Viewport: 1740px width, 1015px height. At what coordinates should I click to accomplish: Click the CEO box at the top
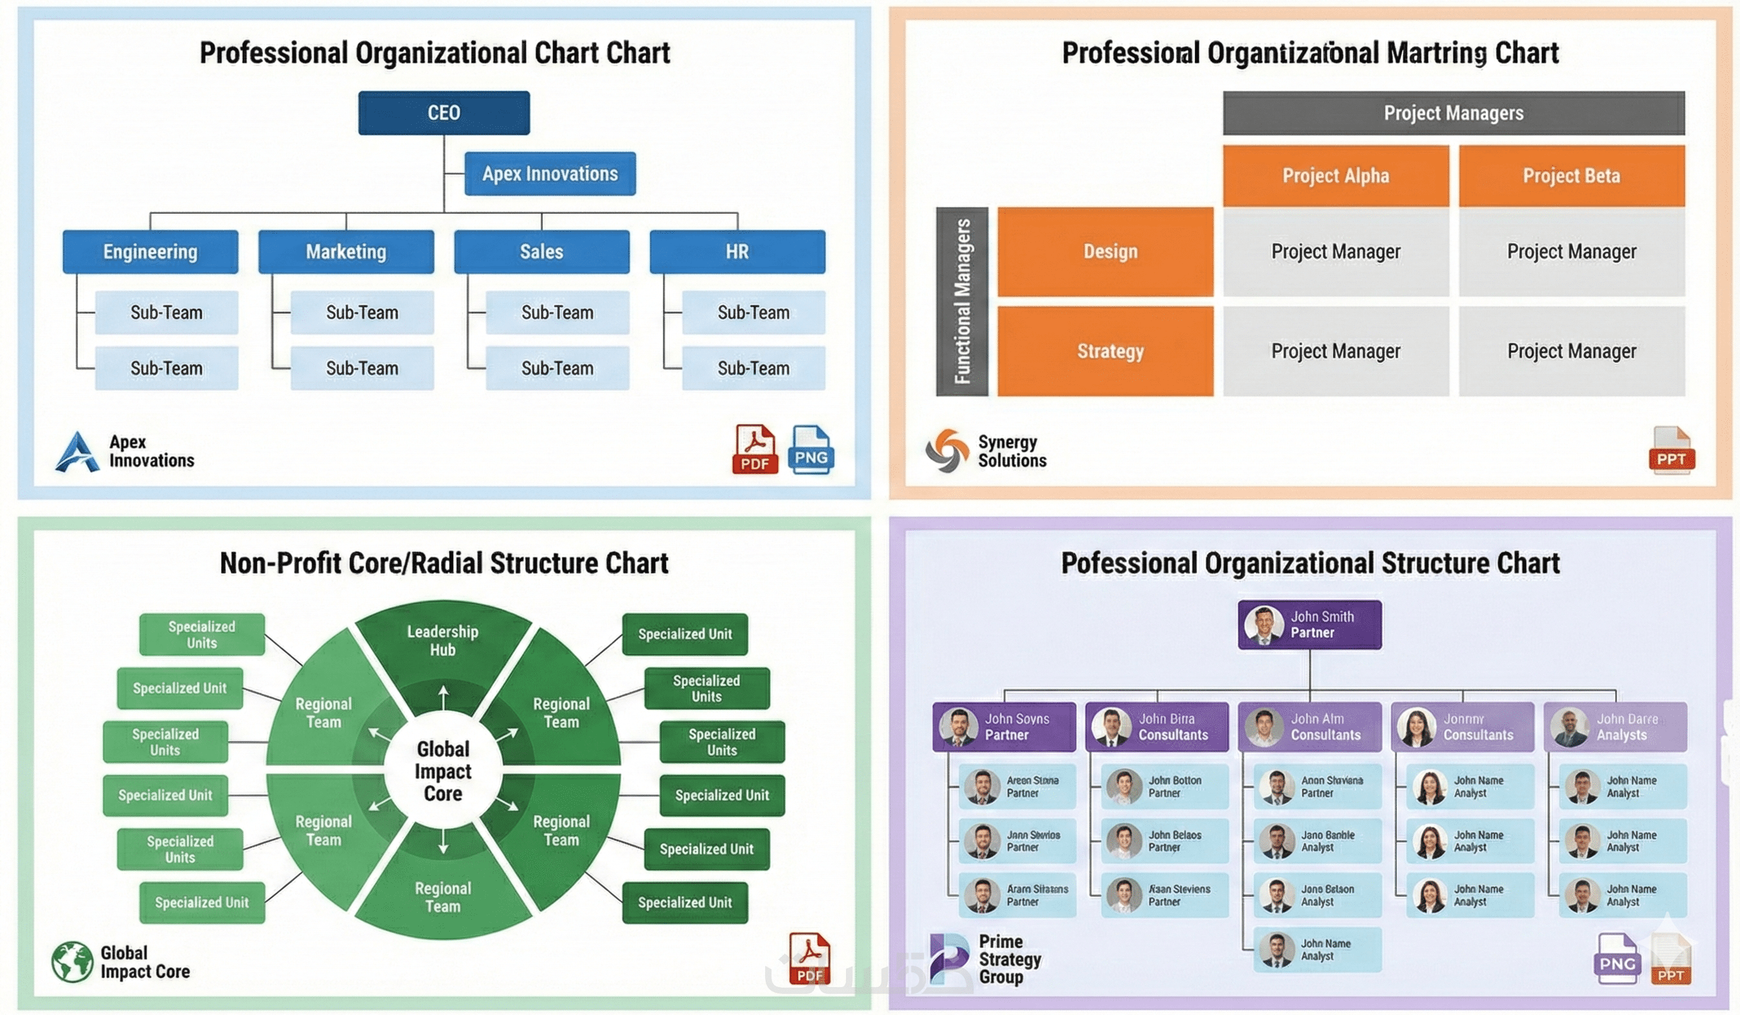[x=443, y=113]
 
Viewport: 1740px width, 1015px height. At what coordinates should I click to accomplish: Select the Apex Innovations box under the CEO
[x=550, y=173]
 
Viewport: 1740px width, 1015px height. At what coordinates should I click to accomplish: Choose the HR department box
[x=737, y=251]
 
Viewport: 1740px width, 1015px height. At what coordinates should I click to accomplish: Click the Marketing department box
[x=346, y=251]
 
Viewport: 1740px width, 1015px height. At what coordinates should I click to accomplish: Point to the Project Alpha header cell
[x=1335, y=175]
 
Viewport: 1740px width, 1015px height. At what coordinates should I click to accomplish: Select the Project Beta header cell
[x=1571, y=175]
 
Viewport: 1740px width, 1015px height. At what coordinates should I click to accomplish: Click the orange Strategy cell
[x=1105, y=351]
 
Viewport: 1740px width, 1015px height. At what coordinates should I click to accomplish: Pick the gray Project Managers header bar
[x=1453, y=113]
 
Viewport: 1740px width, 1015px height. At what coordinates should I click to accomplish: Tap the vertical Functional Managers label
[x=962, y=301]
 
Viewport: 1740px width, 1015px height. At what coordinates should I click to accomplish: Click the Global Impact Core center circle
[x=443, y=770]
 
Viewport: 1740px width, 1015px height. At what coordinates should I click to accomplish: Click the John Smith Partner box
[x=1309, y=624]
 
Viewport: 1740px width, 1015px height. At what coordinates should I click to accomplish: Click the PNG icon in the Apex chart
[x=810, y=449]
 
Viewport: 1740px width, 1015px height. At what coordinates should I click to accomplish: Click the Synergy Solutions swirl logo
[x=947, y=450]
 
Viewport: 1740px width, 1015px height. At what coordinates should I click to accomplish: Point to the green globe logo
[x=72, y=961]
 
